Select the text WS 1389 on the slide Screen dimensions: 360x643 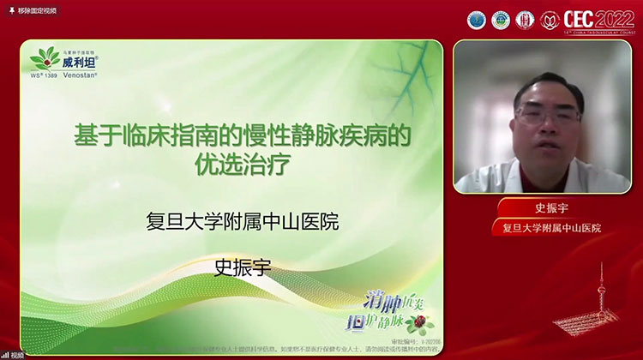tap(42, 75)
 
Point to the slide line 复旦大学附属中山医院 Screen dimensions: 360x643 tap(243, 222)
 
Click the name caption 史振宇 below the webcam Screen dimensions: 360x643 tap(546, 209)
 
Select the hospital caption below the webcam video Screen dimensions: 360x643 tap(546, 228)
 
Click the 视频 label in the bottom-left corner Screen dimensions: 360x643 tap(17, 354)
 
